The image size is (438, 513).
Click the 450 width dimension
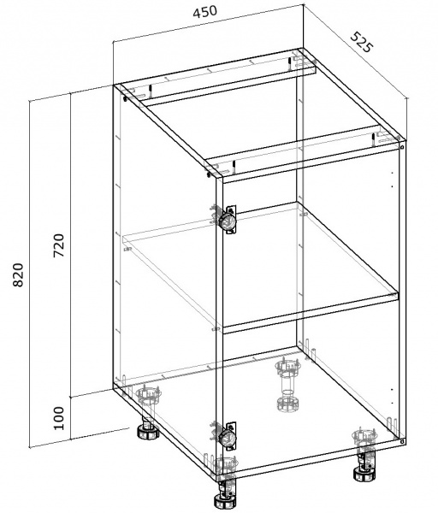pyautogui.click(x=205, y=12)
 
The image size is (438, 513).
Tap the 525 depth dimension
pyautogui.click(x=362, y=42)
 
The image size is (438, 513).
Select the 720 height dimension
pyautogui.click(x=59, y=245)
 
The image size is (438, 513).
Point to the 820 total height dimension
pyautogui.click(x=18, y=274)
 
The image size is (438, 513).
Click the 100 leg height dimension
pyautogui.click(x=58, y=418)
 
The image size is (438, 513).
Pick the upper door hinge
pyautogui.click(x=228, y=220)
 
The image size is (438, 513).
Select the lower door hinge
pyautogui.click(x=228, y=435)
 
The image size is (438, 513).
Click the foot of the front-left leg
pyautogui.click(x=224, y=501)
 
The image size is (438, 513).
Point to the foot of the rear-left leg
pyautogui.click(x=148, y=432)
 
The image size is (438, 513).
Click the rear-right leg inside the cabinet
pyautogui.click(x=287, y=386)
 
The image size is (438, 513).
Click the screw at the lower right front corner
pyautogui.click(x=402, y=442)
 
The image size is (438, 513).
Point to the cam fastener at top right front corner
pyautogui.click(x=402, y=146)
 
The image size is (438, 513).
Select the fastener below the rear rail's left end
pyautogui.click(x=125, y=98)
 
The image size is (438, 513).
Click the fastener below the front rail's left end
pyautogui.click(x=209, y=174)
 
